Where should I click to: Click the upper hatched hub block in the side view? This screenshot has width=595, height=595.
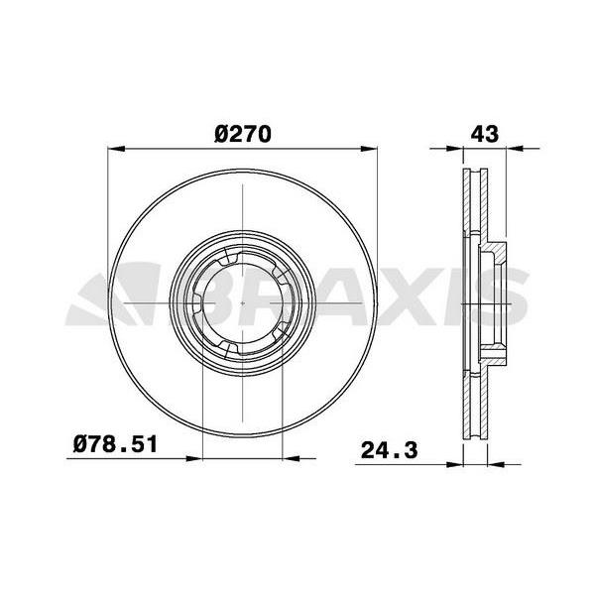(492, 250)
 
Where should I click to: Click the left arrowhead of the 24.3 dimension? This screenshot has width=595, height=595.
(457, 461)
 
